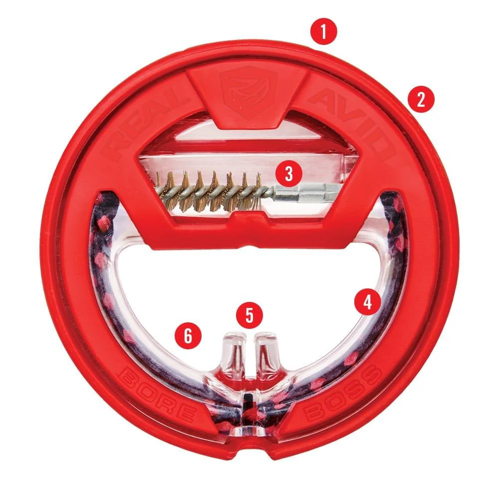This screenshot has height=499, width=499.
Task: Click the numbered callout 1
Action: click(323, 31)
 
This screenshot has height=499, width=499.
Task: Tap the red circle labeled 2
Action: click(421, 100)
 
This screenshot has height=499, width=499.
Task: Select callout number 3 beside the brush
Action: click(288, 174)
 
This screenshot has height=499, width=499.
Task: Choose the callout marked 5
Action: click(249, 315)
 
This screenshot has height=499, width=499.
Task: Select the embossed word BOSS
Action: click(343, 395)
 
